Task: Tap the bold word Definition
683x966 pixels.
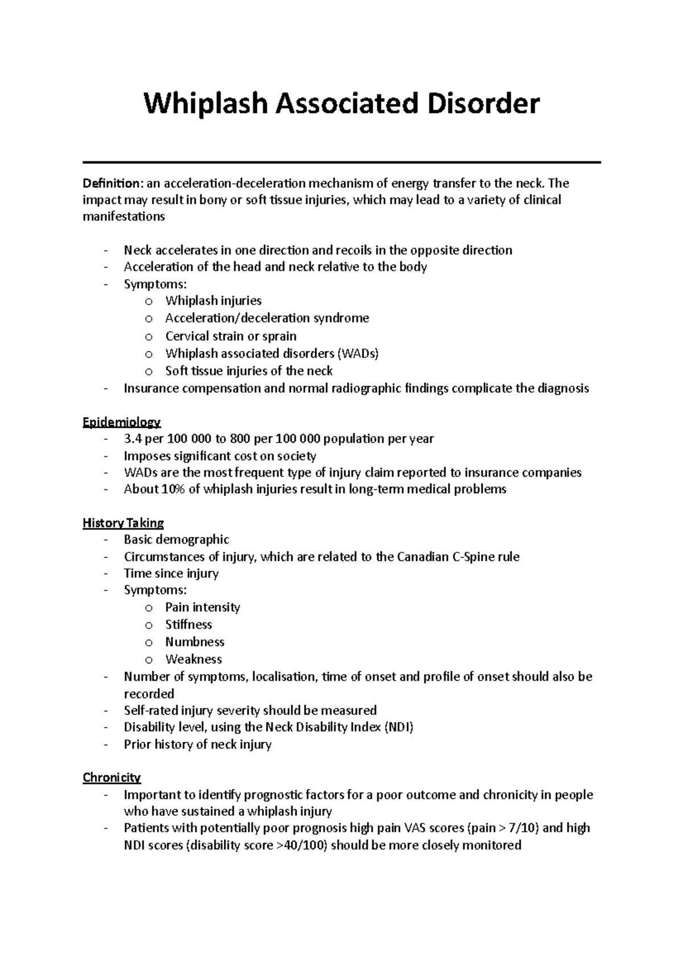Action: click(111, 183)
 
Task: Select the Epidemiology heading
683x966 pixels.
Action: click(122, 422)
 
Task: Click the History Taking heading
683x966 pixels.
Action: click(123, 523)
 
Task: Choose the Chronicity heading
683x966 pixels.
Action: click(112, 777)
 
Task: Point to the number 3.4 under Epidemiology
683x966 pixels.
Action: click(133, 439)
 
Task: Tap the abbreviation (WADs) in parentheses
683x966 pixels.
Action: click(358, 353)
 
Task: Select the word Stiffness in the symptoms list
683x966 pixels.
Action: click(188, 625)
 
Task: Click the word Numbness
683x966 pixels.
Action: click(195, 642)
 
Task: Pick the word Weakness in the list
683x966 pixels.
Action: click(194, 659)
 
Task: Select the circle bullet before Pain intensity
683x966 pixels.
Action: click(149, 608)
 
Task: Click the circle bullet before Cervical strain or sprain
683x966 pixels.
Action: click(149, 337)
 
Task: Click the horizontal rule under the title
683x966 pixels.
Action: click(341, 163)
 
